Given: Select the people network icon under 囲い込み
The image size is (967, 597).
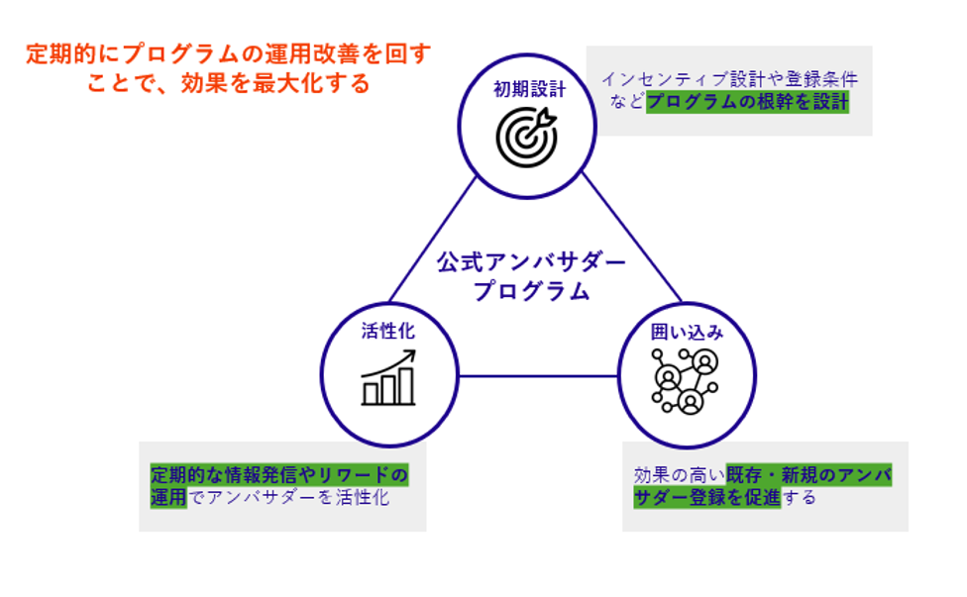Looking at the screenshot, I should click(x=685, y=382).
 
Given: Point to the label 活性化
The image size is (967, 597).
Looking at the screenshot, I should click(x=388, y=331).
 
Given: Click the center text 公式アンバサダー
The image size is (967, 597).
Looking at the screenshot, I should click(x=532, y=262).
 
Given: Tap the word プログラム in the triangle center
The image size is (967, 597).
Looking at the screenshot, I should click(x=531, y=292).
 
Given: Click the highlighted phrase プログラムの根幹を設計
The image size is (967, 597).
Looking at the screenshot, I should click(x=747, y=102).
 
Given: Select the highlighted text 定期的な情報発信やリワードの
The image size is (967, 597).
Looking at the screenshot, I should click(x=278, y=474).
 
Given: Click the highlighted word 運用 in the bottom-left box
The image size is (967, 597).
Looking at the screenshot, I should click(x=168, y=496).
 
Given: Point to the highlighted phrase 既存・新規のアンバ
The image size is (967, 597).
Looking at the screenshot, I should click(x=808, y=474).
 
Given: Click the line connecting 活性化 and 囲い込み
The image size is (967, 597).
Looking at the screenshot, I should click(x=538, y=376).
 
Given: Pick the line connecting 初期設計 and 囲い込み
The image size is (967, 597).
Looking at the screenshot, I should click(x=632, y=239).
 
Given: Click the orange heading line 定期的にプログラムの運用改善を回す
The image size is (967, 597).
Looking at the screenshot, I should click(x=229, y=54).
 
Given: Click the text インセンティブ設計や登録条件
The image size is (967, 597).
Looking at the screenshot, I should click(x=729, y=79).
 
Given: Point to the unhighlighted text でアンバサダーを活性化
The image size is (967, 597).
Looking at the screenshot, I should click(x=288, y=497).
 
